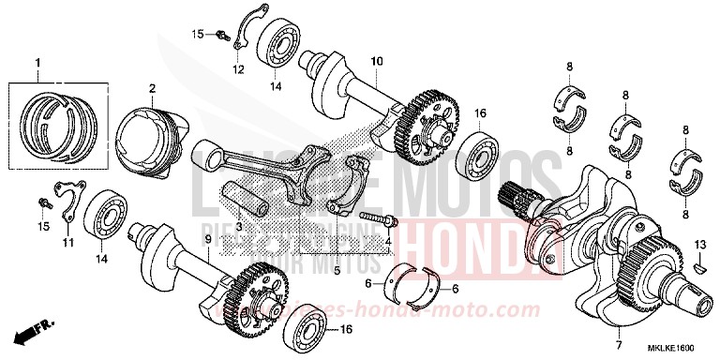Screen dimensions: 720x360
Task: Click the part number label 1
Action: [38, 63]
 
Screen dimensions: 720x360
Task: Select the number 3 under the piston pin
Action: [239, 227]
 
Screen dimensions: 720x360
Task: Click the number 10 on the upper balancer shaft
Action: [377, 62]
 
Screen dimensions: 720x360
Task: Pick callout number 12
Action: [237, 68]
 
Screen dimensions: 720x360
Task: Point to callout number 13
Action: [699, 244]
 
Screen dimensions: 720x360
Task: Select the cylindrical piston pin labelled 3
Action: [244, 197]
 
